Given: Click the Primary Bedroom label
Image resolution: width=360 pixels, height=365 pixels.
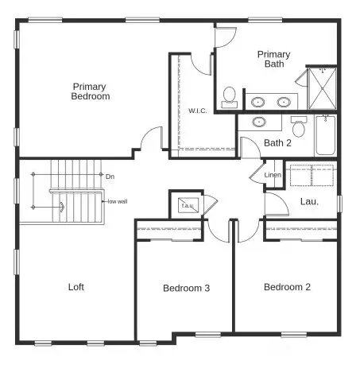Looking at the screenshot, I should click(x=91, y=91).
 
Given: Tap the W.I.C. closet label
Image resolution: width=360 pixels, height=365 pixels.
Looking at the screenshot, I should click(x=197, y=110).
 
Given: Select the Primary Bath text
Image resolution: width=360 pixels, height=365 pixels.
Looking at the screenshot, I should click(x=273, y=60).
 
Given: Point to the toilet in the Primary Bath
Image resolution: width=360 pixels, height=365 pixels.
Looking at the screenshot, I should click(x=229, y=96).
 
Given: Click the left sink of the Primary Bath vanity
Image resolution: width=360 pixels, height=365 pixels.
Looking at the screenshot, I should click(x=258, y=102).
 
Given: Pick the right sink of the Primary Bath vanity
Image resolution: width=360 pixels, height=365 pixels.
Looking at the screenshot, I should click(x=283, y=102).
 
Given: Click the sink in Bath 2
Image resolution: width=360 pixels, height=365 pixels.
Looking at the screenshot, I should click(x=259, y=122).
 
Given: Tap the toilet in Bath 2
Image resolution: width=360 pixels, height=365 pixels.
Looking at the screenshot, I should click(x=299, y=126).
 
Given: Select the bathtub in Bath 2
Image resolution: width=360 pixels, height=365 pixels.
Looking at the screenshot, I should click(x=326, y=137).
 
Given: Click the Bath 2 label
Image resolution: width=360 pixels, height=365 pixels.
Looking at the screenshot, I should click(x=277, y=143).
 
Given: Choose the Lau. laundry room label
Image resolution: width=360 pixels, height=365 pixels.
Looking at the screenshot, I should click(x=309, y=201).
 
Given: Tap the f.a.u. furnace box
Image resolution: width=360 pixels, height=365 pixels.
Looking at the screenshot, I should click(x=188, y=204).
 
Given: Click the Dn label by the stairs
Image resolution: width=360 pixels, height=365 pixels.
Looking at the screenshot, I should click(x=110, y=177).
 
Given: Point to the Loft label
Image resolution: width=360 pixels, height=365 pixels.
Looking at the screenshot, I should click(x=76, y=287).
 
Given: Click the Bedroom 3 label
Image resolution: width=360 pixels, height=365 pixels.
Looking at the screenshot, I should click(x=186, y=288).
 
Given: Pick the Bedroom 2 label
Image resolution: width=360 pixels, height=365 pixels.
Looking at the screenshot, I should click(x=286, y=287).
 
